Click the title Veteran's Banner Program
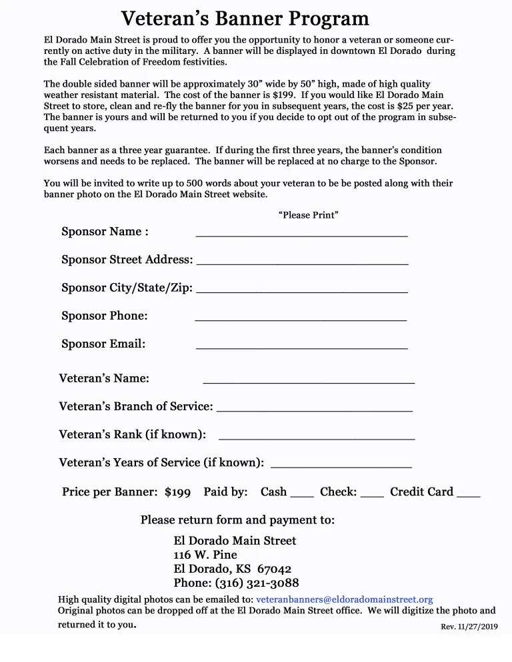point(245,18)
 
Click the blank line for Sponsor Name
point(301,235)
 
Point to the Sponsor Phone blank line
point(301,320)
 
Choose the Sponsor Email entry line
point(301,348)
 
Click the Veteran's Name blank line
point(309,382)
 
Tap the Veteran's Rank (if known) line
point(317,438)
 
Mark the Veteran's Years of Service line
point(341,466)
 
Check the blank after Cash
point(302,496)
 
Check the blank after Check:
point(372,496)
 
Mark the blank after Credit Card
point(469,496)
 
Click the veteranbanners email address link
point(344,599)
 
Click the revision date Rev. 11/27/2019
point(469,627)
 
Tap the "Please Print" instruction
point(308,215)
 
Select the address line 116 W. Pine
point(205,555)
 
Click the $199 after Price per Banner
point(177,493)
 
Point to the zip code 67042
point(274,569)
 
